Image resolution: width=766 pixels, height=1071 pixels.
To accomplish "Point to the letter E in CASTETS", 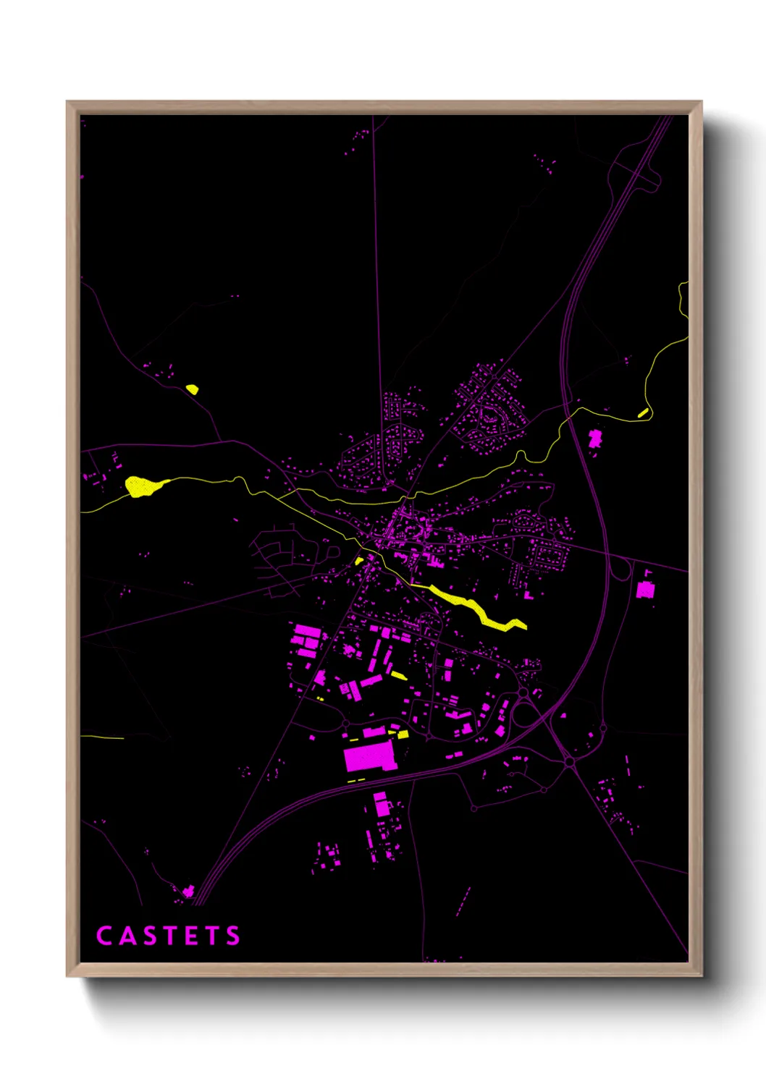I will tap(192, 936).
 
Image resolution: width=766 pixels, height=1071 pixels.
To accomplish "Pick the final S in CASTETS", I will tap(233, 936).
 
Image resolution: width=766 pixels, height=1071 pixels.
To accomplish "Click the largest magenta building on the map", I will tap(369, 756).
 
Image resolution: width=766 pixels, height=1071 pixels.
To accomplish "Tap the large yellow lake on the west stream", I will tap(141, 486).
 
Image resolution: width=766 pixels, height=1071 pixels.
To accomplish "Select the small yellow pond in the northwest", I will tap(192, 389).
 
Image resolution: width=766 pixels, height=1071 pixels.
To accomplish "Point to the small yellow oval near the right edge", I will tap(643, 412).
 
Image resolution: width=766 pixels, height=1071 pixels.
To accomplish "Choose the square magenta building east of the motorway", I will tap(645, 590).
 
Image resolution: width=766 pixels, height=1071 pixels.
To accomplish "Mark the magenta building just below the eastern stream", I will tap(595, 439).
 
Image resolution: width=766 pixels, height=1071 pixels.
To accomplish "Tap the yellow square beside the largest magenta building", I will tap(403, 734).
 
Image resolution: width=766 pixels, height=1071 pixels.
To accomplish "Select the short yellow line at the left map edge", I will tap(101, 737).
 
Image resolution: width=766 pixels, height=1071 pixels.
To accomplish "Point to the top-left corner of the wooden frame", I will tap(67, 102).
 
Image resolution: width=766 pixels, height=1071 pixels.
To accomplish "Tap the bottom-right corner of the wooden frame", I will tap(701, 975).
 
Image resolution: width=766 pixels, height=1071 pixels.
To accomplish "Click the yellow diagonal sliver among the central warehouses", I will tap(399, 676).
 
